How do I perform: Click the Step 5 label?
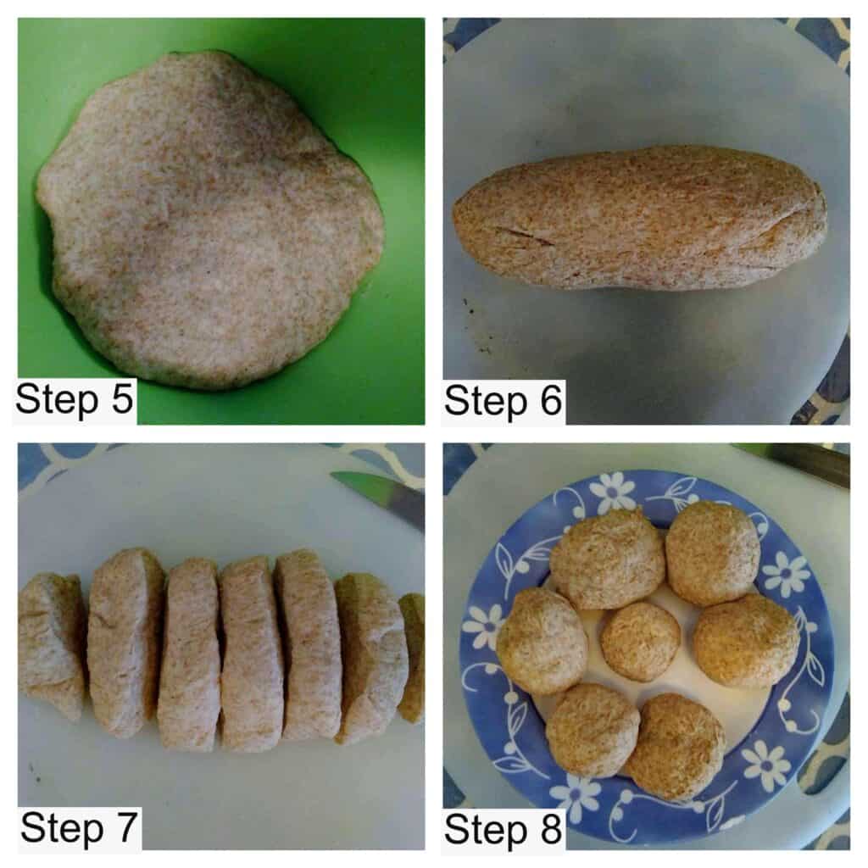[x=75, y=400]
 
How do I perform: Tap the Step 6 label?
[x=503, y=401]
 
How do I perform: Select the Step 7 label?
[x=79, y=828]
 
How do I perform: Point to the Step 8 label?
[x=503, y=829]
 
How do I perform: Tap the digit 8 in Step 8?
[x=551, y=828]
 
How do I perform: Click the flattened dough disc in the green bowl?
[x=210, y=220]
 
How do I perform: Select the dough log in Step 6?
[x=640, y=218]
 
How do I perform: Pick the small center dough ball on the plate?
[x=641, y=642]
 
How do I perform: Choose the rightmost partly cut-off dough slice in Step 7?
[x=412, y=658]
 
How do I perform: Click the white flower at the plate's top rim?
[x=612, y=491]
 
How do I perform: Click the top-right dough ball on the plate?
[x=712, y=553]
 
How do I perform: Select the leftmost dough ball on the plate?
[x=542, y=641]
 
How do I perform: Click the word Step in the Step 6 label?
[x=486, y=402]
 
